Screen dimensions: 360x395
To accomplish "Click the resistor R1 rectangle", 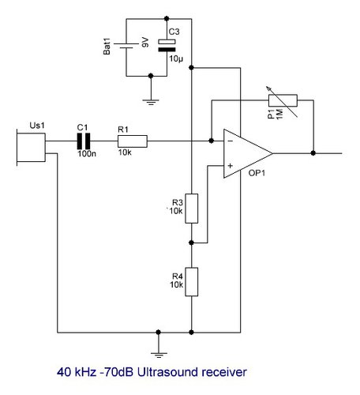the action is point(133,141).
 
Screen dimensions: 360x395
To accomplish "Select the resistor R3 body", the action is point(192,209).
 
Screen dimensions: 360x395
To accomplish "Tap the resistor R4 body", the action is point(192,282).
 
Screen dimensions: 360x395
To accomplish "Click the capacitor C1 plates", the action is point(84,141).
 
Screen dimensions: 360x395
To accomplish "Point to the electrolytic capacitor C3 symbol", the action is point(167,46).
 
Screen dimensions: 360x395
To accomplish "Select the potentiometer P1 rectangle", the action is point(283,100).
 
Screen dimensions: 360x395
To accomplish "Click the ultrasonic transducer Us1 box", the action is point(31,147).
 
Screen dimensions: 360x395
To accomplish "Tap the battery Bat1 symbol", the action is point(126,46).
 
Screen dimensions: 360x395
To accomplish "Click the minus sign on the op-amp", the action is point(231,141).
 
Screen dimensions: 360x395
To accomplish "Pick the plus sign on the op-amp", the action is point(231,166).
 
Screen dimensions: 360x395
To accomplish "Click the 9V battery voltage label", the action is point(145,43).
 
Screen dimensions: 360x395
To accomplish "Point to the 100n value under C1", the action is point(87,153).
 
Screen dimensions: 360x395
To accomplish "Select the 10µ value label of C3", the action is point(176,58).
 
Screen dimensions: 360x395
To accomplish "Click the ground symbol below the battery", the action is point(151,102).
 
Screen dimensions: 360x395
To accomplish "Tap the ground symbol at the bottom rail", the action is point(159,355).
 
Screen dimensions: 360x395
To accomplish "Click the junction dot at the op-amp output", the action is point(313,153).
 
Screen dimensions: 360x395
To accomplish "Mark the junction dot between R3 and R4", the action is point(192,243).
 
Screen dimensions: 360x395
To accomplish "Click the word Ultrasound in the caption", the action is point(167,372).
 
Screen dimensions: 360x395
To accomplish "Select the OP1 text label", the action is point(257,173).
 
